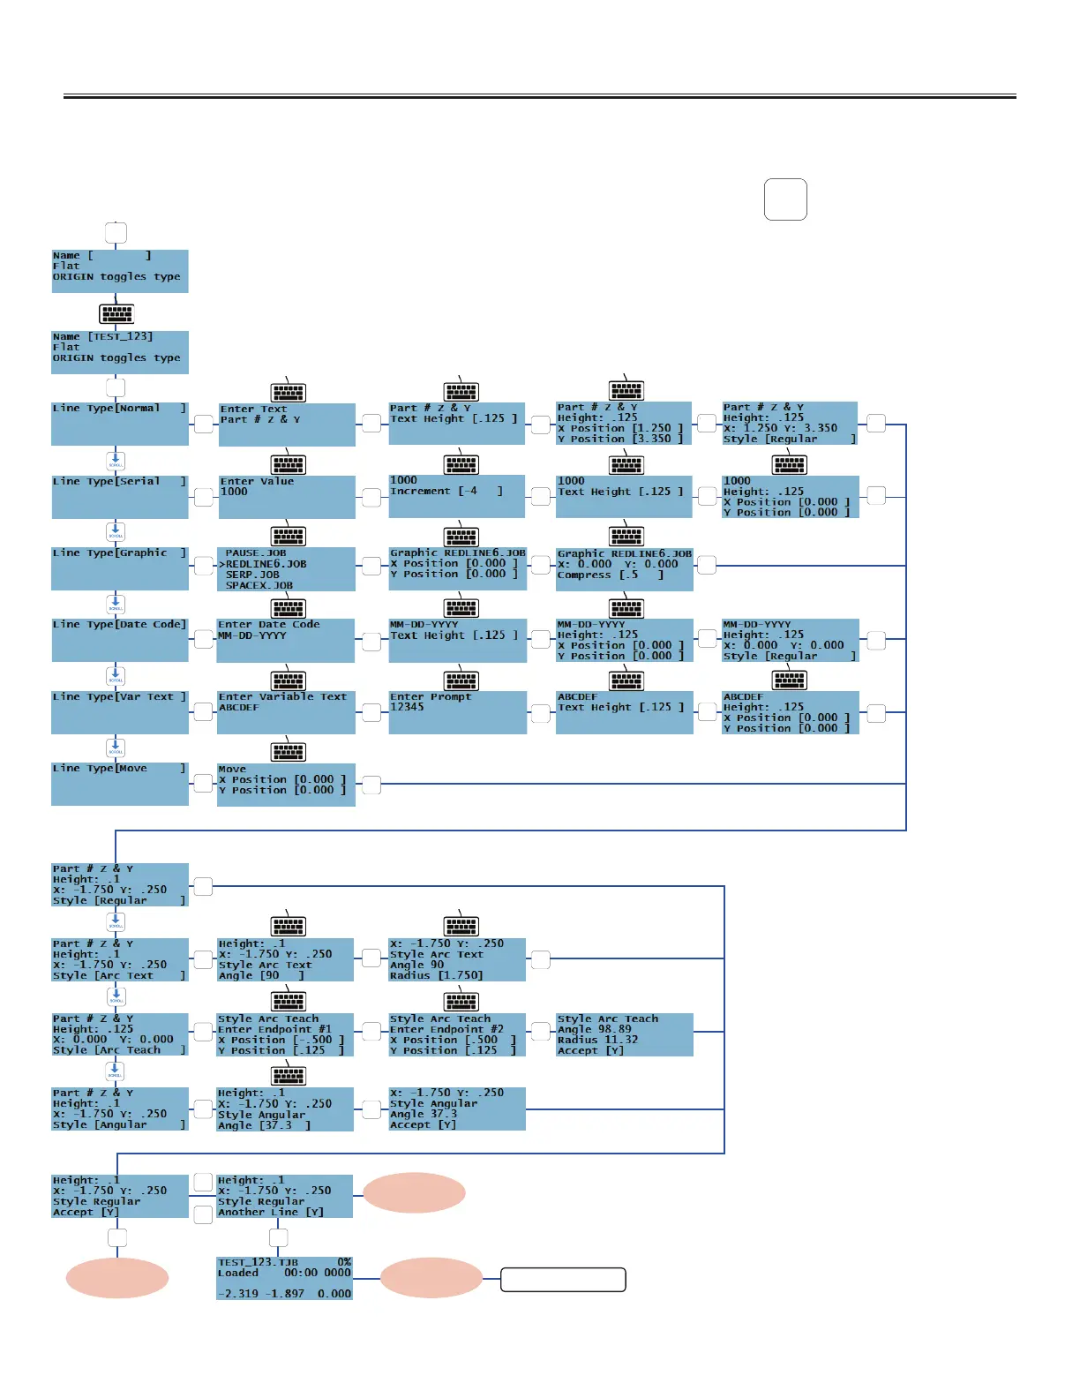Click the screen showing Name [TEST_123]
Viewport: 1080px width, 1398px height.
point(120,352)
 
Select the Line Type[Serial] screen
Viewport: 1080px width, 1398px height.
point(120,497)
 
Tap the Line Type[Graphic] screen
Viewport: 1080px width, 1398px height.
point(120,568)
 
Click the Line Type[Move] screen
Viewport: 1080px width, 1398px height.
point(120,784)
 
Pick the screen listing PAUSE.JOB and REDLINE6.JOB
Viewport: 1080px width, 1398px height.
point(286,569)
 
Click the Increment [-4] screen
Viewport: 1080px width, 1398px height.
point(457,496)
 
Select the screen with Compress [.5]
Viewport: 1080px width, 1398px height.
point(625,569)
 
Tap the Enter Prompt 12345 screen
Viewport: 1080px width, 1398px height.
point(457,712)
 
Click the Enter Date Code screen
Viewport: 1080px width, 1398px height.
point(286,640)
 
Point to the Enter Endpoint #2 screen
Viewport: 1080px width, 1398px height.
point(457,1034)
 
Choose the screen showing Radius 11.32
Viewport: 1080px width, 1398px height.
point(625,1034)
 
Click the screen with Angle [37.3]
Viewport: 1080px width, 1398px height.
point(286,1109)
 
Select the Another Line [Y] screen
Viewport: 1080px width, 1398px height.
point(284,1196)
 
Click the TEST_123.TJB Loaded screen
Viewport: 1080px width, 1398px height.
point(284,1278)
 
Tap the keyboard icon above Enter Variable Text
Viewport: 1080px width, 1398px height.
point(289,680)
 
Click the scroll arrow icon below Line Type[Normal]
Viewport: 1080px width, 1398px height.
point(116,461)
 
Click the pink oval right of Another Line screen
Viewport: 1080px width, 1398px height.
point(414,1193)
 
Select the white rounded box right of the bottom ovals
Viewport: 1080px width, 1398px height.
point(563,1280)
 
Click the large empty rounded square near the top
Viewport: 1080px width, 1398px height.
point(785,199)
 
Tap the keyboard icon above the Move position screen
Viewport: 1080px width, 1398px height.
point(289,752)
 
